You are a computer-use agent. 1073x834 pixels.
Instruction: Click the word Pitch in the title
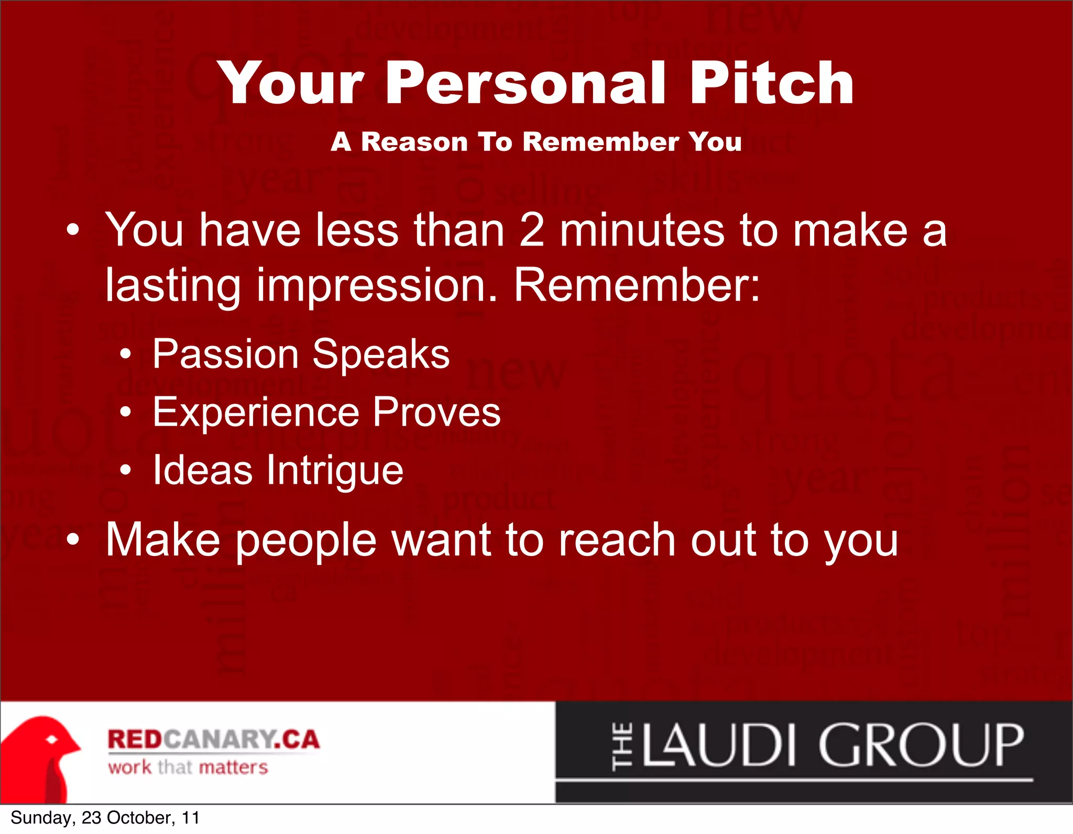pyautogui.click(x=771, y=84)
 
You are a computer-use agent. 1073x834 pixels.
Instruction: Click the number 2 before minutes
pyautogui.click(x=532, y=230)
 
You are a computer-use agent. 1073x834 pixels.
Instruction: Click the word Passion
pyautogui.click(x=225, y=354)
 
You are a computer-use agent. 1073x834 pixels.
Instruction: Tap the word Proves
pyautogui.click(x=437, y=413)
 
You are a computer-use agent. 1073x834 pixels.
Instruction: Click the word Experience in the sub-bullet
pyautogui.click(x=256, y=413)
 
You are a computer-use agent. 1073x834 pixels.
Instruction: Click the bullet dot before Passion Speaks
pyautogui.click(x=125, y=355)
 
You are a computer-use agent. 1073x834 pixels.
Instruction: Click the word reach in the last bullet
pyautogui.click(x=616, y=540)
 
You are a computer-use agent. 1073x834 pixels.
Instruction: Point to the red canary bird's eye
pyautogui.click(x=52, y=740)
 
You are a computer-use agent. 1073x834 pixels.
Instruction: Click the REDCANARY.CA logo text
pyautogui.click(x=213, y=739)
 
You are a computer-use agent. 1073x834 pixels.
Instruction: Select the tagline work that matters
pyautogui.click(x=188, y=768)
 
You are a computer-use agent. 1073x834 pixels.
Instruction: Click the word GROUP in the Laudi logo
pyautogui.click(x=921, y=746)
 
